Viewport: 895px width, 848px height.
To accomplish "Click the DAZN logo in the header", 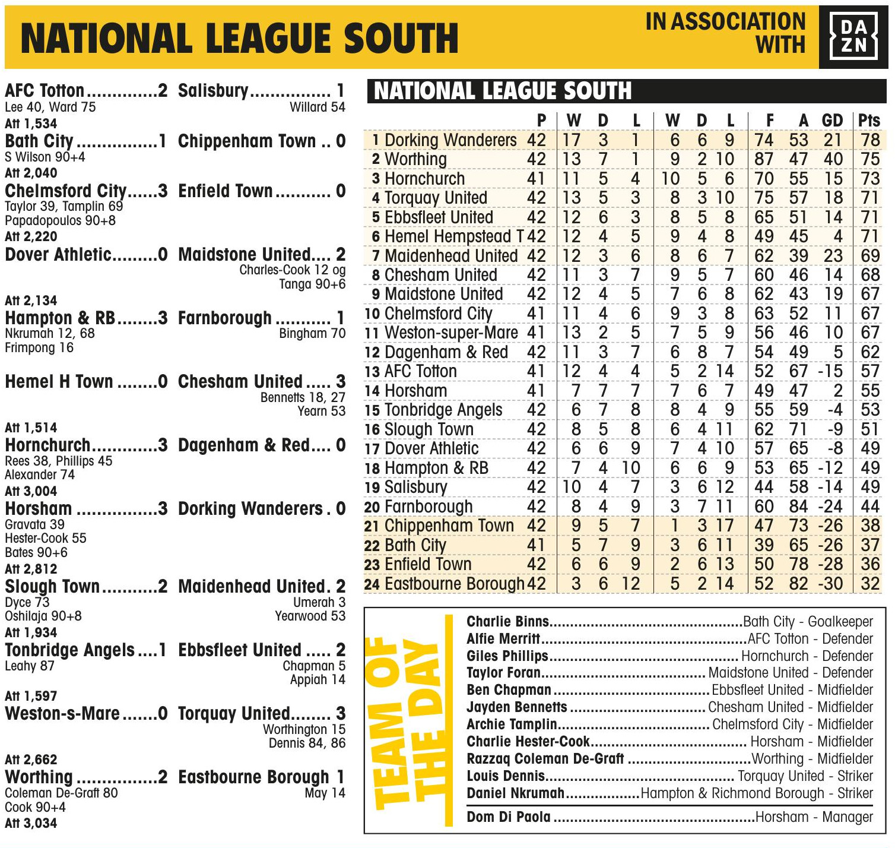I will (853, 37).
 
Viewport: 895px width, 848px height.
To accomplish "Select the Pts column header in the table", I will (869, 121).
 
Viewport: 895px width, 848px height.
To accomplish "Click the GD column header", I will (832, 121).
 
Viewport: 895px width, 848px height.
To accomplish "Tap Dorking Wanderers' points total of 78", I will (870, 140).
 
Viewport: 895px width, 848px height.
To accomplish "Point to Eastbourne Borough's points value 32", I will (870, 584).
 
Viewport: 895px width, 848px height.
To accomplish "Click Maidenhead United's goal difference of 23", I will (833, 256).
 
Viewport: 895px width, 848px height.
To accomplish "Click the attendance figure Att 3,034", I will (31, 823).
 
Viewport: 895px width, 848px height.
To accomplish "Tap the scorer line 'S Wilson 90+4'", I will (45, 157).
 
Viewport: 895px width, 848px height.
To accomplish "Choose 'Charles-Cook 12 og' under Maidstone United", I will (292, 270).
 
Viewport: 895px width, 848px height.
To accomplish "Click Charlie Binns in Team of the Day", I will (507, 622).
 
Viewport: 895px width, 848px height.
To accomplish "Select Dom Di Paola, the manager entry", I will (509, 817).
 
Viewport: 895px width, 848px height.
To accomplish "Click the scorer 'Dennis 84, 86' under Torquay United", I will (306, 743).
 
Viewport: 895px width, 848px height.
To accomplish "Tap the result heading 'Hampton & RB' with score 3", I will (60, 318).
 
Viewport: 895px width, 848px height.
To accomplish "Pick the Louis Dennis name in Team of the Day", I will (506, 776).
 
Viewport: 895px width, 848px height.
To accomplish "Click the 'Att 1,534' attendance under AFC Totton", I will (31, 124).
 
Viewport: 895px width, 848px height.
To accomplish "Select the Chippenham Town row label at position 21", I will (449, 526).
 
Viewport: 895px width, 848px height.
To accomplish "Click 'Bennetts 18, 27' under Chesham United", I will (303, 397).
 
